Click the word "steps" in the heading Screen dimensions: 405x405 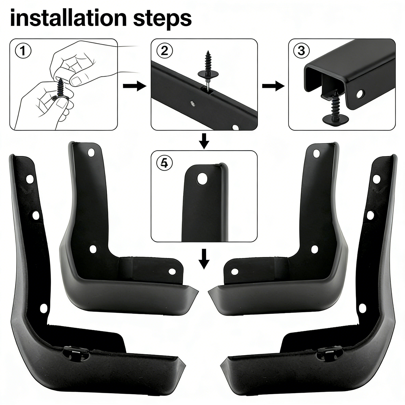pos(162,19)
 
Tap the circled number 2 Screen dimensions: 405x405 pos(165,51)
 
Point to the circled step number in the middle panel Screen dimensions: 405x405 pos(165,163)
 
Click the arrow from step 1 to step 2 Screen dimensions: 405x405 pos(134,86)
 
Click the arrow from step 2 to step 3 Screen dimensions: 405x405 pos(273,86)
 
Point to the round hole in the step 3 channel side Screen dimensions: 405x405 pos(359,94)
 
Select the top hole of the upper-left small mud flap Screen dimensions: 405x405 pos(91,152)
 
